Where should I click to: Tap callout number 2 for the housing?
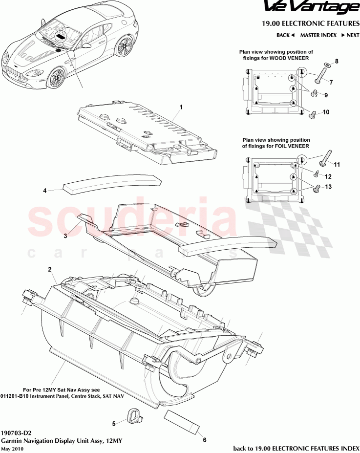pyautogui.click(x=49, y=269)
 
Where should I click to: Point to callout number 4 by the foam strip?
pyautogui.click(x=44, y=191)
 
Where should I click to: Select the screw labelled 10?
pyautogui.click(x=312, y=114)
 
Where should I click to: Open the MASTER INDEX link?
pyautogui.click(x=318, y=35)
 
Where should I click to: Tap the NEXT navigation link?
pyautogui.click(x=350, y=35)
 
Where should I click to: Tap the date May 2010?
pyautogui.click(x=12, y=449)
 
